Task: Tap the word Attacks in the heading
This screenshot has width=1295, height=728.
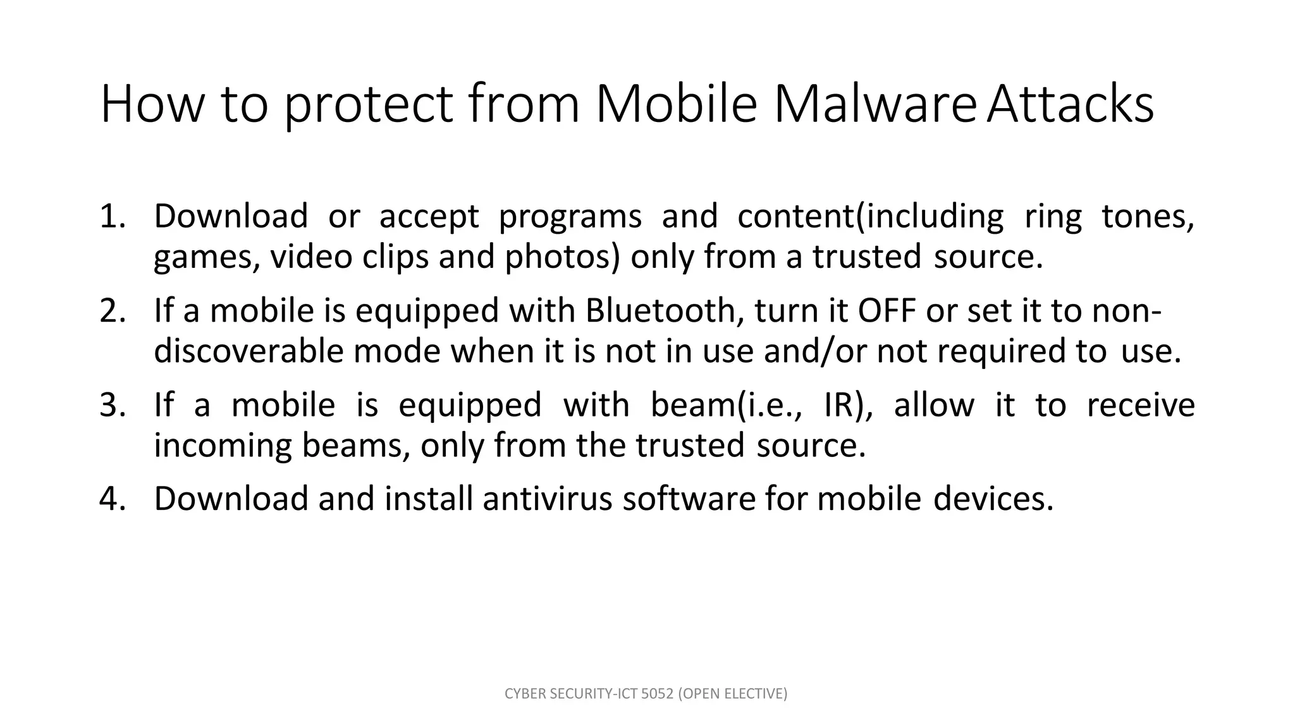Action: [x=1071, y=104]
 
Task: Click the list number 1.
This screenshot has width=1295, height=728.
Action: [x=114, y=216]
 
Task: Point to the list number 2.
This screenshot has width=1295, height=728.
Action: [x=114, y=311]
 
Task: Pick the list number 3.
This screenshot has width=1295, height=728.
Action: [x=114, y=405]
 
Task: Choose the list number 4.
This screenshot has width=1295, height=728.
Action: [x=114, y=499]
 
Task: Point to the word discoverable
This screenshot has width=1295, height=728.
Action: [x=249, y=351]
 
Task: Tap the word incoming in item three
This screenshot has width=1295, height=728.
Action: [x=223, y=446]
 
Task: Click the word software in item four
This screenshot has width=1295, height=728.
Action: [x=689, y=499]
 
